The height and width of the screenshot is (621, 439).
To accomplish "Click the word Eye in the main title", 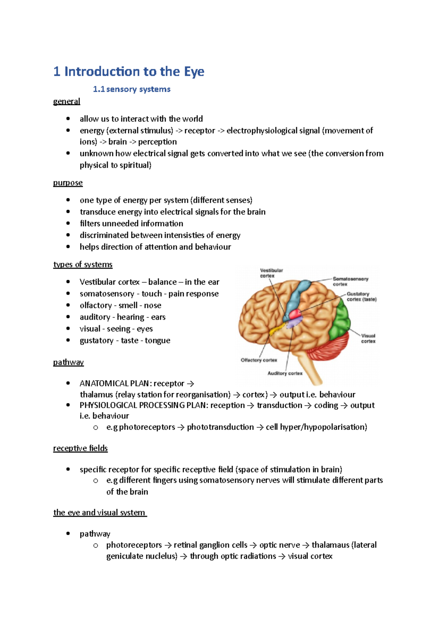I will [x=194, y=72].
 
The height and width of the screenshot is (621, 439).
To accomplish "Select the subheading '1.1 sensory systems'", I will [x=132, y=89].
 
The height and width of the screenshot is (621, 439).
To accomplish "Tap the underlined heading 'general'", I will [x=67, y=101].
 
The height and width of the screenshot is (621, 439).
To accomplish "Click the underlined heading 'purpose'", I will [x=68, y=183].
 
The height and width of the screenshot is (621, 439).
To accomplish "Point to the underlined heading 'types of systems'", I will [x=83, y=264].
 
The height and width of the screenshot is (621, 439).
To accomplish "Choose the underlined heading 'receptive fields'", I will [x=80, y=448].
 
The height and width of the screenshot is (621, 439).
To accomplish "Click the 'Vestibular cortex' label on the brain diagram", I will [x=271, y=273].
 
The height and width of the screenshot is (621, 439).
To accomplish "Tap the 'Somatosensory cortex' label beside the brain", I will [x=350, y=281].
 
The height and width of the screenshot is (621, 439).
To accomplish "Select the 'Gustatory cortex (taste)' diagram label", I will [x=361, y=297].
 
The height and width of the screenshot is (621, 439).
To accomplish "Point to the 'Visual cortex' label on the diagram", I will [x=368, y=338].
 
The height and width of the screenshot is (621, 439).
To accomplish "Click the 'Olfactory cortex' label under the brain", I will [x=259, y=360].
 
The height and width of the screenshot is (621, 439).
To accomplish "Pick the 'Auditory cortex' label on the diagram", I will [x=285, y=373].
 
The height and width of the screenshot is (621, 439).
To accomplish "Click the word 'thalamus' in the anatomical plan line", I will [x=97, y=395].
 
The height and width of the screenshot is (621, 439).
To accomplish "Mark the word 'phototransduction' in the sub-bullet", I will [x=220, y=427].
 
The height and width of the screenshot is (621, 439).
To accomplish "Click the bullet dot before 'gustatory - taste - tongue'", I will [x=68, y=340].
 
